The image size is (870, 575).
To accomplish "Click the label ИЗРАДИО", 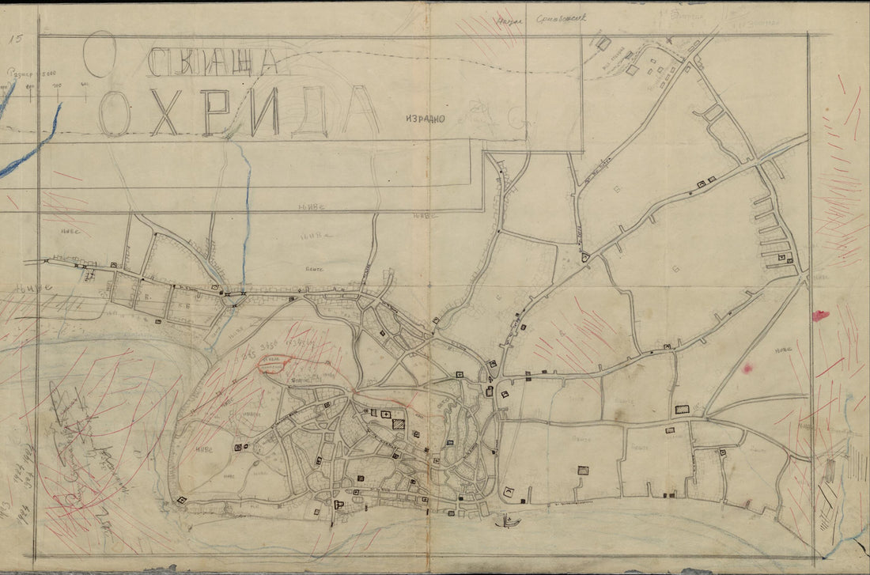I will tap(425, 119).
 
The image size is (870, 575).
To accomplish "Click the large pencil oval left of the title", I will tap(99, 53).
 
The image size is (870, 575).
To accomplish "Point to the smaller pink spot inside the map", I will tap(747, 368).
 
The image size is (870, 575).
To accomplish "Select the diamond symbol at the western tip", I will tap(182, 499).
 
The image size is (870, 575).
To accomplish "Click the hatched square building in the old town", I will tap(399, 424).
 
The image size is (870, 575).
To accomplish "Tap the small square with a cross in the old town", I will tap(385, 414).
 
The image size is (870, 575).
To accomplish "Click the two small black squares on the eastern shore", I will tap(669, 495).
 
